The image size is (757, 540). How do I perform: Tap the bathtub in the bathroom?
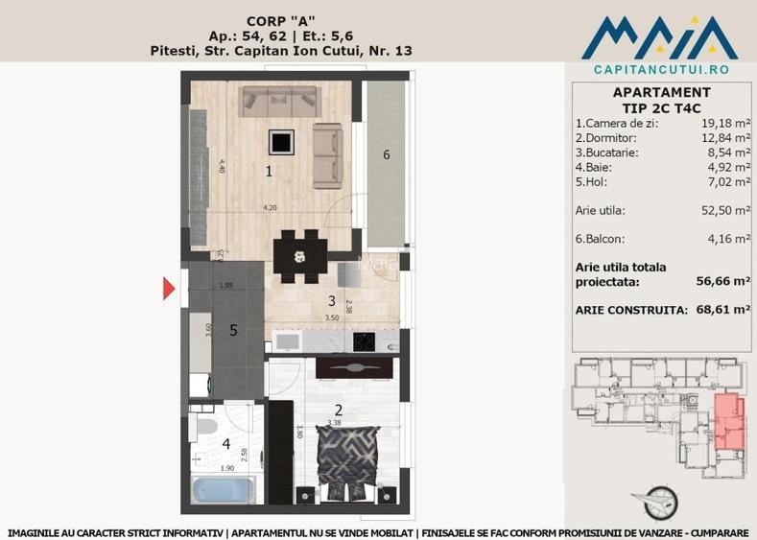point(223,490)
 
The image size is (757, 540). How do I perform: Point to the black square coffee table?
point(280,143)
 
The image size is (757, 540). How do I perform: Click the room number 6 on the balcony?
point(386,155)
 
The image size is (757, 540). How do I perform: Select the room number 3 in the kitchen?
point(330,301)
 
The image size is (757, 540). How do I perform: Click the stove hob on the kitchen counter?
point(366,340)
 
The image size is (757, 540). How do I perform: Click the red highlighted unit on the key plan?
point(731,423)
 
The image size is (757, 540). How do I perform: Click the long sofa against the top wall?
point(279,99)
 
